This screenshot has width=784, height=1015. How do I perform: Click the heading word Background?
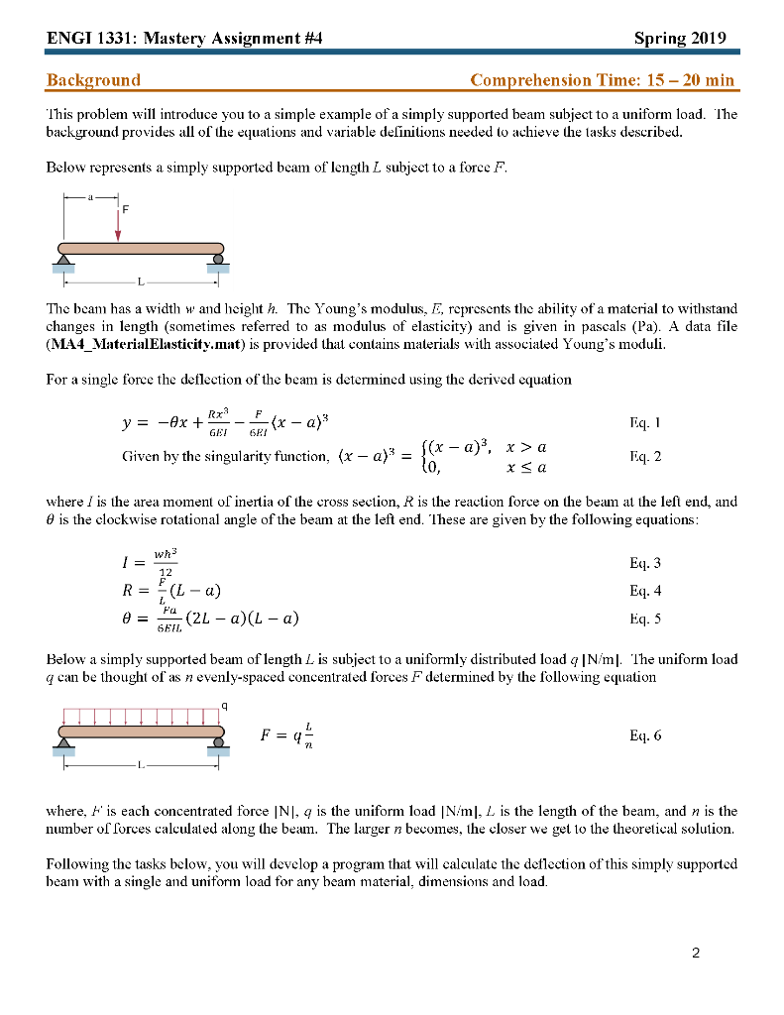click(x=93, y=80)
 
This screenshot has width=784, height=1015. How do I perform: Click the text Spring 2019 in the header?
click(x=680, y=39)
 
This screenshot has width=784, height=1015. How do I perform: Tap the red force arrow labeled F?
click(x=118, y=223)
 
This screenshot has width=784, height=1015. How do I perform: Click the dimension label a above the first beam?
click(x=90, y=197)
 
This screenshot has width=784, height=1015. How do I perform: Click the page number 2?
click(x=696, y=954)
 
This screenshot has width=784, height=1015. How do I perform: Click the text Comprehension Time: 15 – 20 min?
click(x=603, y=80)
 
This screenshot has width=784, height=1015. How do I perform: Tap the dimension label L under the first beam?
click(x=141, y=281)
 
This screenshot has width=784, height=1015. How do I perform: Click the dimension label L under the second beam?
click(x=141, y=765)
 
